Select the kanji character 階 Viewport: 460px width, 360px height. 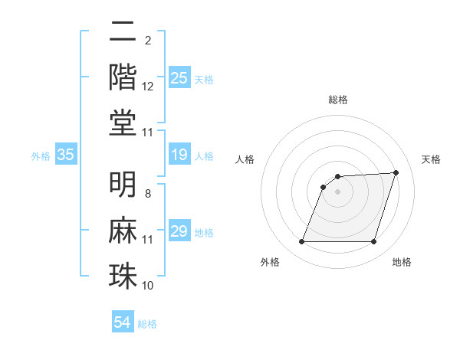(123, 77)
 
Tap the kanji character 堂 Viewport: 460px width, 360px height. (123, 123)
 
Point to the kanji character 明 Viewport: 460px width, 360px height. (123, 185)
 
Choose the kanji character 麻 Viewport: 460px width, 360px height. (123, 230)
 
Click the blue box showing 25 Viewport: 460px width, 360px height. (179, 78)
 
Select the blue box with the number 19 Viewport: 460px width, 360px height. (179, 155)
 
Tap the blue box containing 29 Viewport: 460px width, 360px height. (179, 232)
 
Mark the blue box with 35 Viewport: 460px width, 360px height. (66, 155)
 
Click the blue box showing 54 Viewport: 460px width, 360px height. (123, 322)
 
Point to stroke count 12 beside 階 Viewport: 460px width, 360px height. (148, 87)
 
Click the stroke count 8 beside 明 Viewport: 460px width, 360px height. (148, 194)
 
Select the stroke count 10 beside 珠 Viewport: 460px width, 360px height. (148, 286)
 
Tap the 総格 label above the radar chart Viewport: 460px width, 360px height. (338, 100)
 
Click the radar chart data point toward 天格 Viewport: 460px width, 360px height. (396, 172)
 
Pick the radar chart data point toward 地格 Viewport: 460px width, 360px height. (373, 242)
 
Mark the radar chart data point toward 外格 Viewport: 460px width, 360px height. (301, 242)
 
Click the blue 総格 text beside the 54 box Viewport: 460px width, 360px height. (147, 324)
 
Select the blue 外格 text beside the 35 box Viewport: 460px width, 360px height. (40, 156)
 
